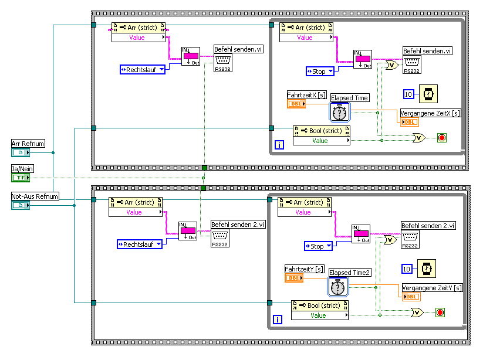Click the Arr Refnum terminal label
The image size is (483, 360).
23,144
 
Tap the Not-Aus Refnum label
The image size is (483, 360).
35,196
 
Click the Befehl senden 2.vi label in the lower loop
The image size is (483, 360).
428,226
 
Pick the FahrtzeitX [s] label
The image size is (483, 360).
306,94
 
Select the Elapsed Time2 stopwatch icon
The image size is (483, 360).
338,287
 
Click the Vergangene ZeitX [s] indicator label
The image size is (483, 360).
430,113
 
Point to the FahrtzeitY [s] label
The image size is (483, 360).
304,269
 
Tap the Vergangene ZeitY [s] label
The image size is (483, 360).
431,287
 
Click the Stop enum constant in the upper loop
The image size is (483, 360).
320,72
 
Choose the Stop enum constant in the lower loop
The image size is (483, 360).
318,246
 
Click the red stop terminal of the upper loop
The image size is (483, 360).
442,138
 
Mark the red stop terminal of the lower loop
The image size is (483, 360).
440,313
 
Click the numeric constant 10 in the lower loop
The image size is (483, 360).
407,269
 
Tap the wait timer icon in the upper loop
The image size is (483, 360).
429,94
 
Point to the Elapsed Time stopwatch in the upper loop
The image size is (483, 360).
340,111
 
